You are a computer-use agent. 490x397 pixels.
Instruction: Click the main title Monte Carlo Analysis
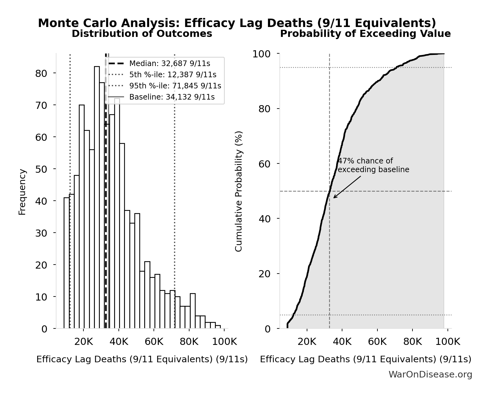tap(237, 23)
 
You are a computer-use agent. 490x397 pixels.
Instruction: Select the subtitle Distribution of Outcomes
tap(142, 33)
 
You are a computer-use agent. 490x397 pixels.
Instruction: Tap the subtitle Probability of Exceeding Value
tap(365, 33)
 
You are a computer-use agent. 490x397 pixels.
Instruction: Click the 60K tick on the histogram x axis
tap(154, 342)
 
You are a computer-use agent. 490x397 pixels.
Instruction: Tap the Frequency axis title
tap(22, 192)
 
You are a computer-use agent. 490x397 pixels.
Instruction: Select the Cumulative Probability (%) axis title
tap(238, 191)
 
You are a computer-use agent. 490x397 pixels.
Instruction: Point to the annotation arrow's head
tap(334, 198)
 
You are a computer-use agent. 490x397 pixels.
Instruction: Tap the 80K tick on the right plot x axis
tap(412, 342)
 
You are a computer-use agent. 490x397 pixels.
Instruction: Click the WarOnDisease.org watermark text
tap(430, 374)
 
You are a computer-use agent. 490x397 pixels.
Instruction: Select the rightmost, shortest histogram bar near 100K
tap(218, 327)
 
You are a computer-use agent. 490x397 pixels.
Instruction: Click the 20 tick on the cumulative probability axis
tap(264, 274)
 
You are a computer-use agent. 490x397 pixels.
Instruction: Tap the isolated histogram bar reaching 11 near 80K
tap(193, 311)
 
